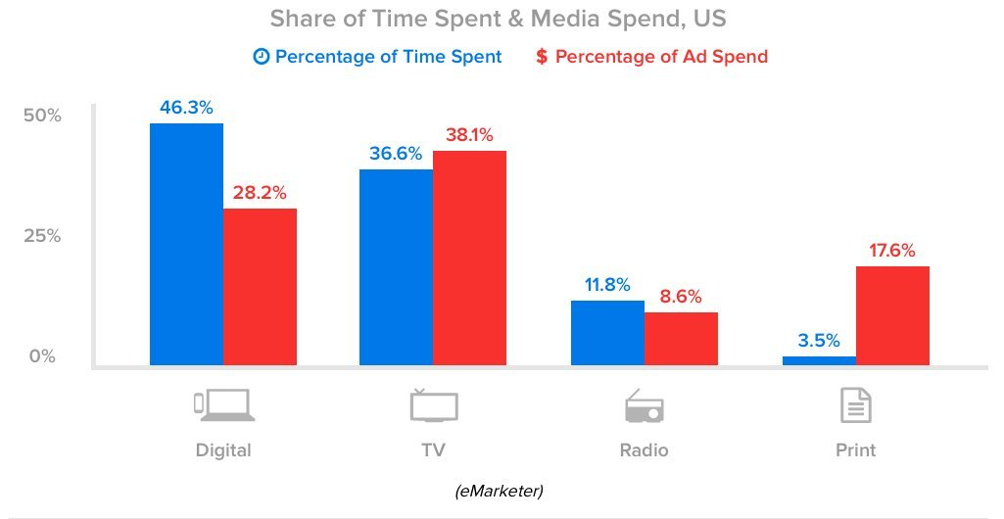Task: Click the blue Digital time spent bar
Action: point(186,244)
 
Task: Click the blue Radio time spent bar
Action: point(607,332)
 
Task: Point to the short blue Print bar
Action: point(819,360)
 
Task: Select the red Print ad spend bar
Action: point(892,315)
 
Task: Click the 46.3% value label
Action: point(186,108)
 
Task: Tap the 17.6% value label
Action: point(891,251)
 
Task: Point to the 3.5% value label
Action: point(818,341)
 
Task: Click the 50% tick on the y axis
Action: point(42,116)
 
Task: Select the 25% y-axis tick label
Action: point(42,236)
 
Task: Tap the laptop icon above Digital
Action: point(223,404)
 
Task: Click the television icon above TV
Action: point(433,404)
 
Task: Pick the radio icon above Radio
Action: point(644,405)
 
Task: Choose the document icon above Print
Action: point(855,404)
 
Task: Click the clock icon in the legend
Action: point(261,57)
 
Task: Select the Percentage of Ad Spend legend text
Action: point(661,57)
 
